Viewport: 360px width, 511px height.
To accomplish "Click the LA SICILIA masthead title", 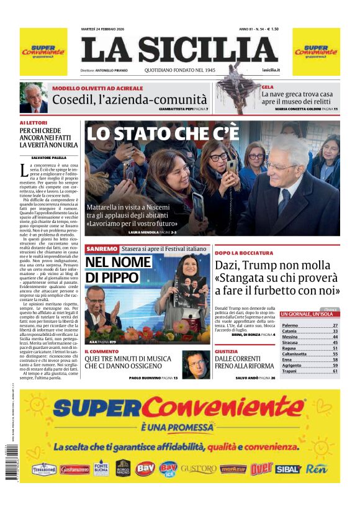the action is coord(179,50).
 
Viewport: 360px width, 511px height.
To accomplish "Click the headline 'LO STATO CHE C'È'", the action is coord(162,133).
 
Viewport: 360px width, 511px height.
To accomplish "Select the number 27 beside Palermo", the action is coord(335,325).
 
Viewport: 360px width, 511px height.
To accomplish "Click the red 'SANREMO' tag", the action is coord(102,248).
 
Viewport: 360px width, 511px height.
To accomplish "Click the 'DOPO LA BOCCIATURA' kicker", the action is coord(243,253).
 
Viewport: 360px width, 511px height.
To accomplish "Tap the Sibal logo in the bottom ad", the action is coord(287,469).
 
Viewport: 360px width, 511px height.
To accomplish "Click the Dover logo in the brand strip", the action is coord(261,469).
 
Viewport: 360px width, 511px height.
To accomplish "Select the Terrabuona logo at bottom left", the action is coord(44,469).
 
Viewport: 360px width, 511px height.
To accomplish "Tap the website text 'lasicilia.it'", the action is coord(271,71).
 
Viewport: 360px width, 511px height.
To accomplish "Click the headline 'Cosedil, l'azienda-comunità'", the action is coord(130,100).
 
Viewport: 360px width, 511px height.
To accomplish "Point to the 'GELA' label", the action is coord(268,88).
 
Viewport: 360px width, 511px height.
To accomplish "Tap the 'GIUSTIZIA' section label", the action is coord(226,351).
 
